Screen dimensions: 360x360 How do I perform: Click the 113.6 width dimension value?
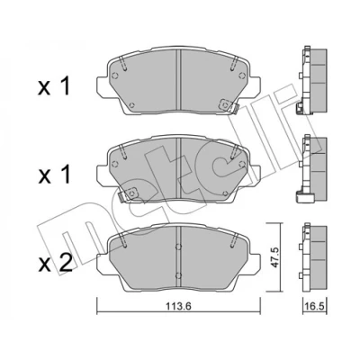(x=178, y=307)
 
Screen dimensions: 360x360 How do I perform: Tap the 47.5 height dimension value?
(x=274, y=257)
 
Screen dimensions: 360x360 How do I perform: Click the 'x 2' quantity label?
(x=55, y=263)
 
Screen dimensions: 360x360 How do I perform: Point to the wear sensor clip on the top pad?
(x=229, y=106)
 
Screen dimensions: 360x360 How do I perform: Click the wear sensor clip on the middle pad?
(x=128, y=194)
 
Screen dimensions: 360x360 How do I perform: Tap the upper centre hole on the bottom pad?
(x=178, y=247)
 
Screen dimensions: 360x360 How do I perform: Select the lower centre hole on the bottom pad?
(x=178, y=274)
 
